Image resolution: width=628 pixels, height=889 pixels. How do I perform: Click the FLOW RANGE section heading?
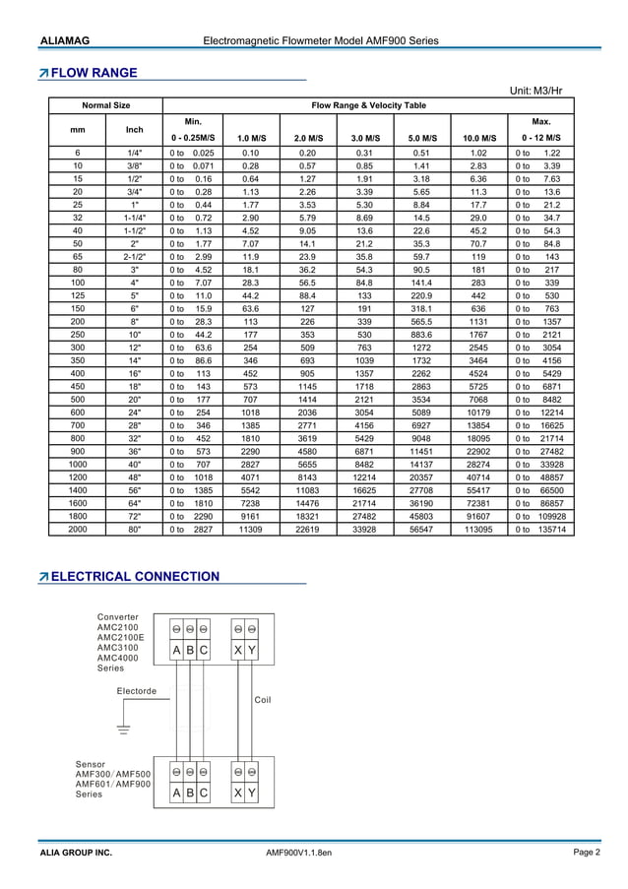(x=94, y=72)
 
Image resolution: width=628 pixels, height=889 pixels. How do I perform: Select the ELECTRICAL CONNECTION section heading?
(x=128, y=576)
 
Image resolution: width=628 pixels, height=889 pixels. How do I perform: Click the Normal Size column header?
(x=105, y=104)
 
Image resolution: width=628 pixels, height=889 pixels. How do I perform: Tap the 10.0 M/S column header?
(x=478, y=138)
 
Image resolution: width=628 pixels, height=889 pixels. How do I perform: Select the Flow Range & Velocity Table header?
(x=369, y=104)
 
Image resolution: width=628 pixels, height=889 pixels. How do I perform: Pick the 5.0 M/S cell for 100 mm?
(x=420, y=310)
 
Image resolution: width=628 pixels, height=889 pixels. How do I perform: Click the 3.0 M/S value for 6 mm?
(x=364, y=155)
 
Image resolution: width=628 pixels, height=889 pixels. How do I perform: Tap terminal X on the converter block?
(x=238, y=650)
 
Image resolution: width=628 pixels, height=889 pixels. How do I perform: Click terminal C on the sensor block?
(x=203, y=793)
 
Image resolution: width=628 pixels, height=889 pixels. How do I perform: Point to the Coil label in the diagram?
(x=263, y=700)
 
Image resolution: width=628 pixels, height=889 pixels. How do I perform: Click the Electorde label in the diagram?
(x=137, y=690)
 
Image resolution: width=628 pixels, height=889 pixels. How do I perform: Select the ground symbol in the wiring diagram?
(x=123, y=730)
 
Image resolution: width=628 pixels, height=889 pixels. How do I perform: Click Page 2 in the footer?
(x=588, y=853)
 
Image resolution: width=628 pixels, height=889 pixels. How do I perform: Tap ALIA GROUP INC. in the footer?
(x=76, y=853)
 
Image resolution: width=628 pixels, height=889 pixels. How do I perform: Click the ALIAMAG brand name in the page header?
(x=65, y=40)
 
